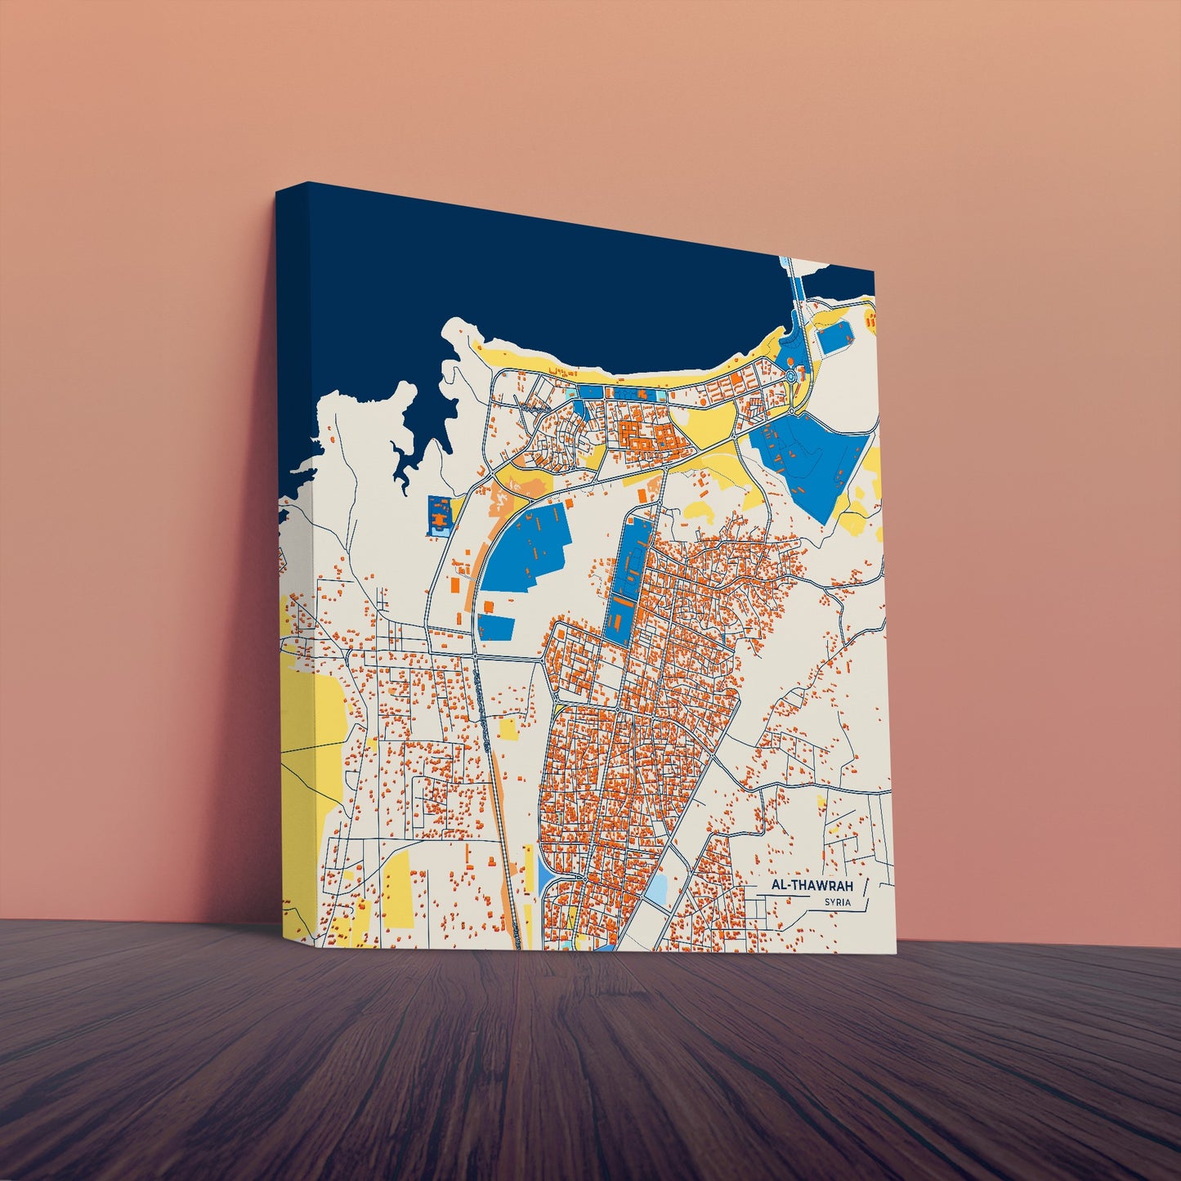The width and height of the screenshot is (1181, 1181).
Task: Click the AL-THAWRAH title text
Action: [811, 886]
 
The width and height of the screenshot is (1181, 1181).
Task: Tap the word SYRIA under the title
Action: [838, 902]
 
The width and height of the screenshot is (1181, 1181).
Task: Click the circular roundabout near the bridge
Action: [791, 376]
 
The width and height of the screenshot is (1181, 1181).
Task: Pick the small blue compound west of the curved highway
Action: [440, 515]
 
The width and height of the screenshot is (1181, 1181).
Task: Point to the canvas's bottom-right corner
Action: [896, 951]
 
